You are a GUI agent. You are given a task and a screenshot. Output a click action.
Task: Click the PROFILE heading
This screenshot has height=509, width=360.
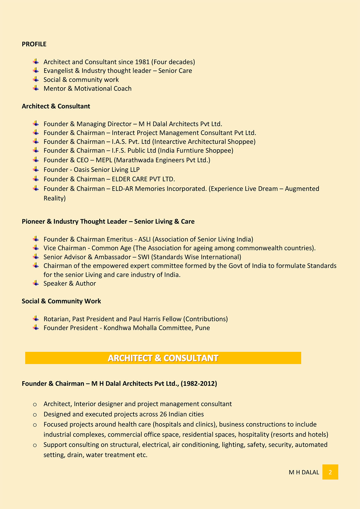click(34, 44)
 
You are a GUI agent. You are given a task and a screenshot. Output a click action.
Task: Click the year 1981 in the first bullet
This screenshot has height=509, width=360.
click(142, 62)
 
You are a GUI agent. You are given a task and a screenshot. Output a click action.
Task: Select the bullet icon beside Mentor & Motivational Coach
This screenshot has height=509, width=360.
click(36, 88)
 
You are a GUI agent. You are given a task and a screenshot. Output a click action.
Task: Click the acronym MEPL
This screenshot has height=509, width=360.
click(104, 160)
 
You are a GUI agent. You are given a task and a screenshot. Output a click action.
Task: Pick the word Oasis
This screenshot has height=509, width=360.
click(82, 170)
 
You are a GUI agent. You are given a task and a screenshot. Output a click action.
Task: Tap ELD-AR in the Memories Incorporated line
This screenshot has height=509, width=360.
click(122, 189)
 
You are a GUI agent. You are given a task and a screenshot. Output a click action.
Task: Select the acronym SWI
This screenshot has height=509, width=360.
click(144, 257)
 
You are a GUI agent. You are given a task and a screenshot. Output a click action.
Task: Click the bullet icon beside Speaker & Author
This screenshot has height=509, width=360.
click(36, 283)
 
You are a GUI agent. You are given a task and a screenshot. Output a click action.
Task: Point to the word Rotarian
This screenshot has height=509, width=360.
click(56, 319)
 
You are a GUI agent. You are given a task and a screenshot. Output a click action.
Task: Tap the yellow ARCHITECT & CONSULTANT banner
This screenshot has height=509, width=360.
click(163, 358)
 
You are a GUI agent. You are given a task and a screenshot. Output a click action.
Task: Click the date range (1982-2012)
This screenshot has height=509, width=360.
click(199, 384)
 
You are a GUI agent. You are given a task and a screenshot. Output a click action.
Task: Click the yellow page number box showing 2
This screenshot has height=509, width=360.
click(330, 472)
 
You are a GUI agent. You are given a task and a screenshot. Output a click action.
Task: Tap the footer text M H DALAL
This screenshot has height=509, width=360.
click(304, 472)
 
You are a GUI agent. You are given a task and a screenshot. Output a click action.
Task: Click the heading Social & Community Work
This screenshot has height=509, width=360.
click(61, 301)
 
